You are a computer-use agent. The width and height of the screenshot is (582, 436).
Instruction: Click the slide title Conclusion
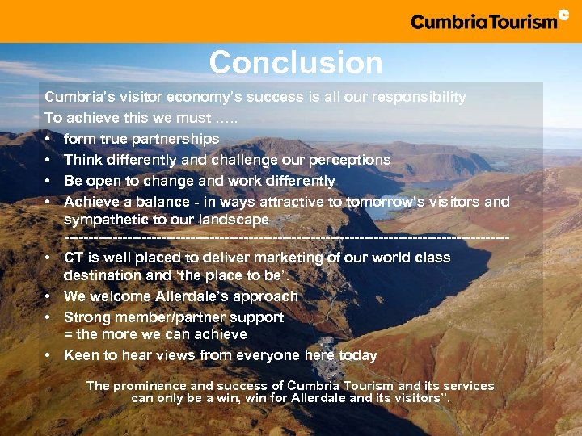(x=296, y=63)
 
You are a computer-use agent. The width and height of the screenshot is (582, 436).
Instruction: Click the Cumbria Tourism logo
(x=489, y=19)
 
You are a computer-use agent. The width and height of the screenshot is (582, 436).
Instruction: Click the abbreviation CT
(x=74, y=258)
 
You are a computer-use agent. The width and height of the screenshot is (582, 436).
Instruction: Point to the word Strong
(x=86, y=317)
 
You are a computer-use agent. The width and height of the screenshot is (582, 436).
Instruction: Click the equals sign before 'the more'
(x=68, y=334)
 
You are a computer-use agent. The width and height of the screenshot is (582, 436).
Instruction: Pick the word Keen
(x=81, y=355)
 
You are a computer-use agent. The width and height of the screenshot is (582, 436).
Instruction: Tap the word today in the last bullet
(x=357, y=355)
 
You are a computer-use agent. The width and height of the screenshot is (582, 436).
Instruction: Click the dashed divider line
(x=286, y=238)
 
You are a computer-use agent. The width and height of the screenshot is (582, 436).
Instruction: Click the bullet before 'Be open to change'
(x=49, y=181)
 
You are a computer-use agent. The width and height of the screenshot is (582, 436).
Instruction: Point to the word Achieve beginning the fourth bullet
(x=91, y=202)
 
